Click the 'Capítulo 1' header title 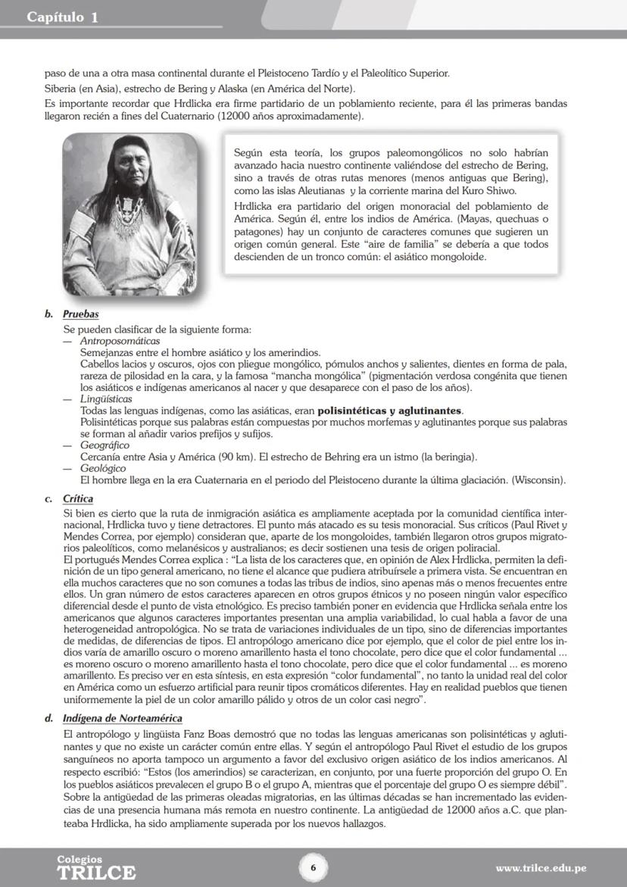click(63, 17)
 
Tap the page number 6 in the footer click(313, 867)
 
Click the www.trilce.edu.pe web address click(541, 868)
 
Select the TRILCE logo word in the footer click(96, 872)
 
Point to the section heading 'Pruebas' click(81, 314)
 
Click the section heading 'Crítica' click(79, 499)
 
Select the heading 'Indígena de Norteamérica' click(123, 718)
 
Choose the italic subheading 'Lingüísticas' click(107, 398)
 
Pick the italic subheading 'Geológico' click(104, 469)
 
